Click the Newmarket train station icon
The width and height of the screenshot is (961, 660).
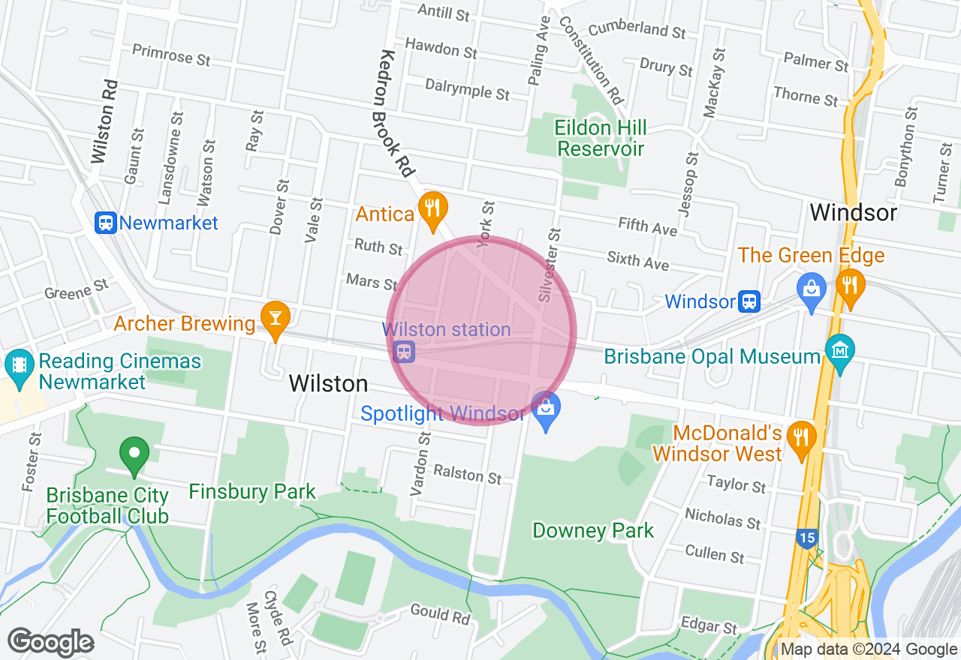(106, 223)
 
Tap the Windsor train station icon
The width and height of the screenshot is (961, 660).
(749, 301)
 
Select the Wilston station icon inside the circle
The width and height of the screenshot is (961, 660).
(404, 351)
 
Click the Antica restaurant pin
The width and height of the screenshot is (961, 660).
(432, 209)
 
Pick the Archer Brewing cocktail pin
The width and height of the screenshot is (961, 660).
(276, 319)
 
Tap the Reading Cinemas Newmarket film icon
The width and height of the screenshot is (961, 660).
(19, 365)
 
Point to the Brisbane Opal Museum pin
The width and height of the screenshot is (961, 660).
(840, 351)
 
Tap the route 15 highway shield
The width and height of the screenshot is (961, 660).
(806, 538)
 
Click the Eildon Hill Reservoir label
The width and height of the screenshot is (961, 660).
(600, 138)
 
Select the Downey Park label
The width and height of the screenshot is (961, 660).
(593, 531)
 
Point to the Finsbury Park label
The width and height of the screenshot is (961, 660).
(252, 492)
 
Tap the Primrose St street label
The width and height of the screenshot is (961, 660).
(171, 55)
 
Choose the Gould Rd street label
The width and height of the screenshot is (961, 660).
(440, 613)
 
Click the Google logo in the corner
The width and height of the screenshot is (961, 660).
(51, 642)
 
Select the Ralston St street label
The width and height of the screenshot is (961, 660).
(468, 473)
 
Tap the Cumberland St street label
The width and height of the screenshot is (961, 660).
(637, 30)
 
